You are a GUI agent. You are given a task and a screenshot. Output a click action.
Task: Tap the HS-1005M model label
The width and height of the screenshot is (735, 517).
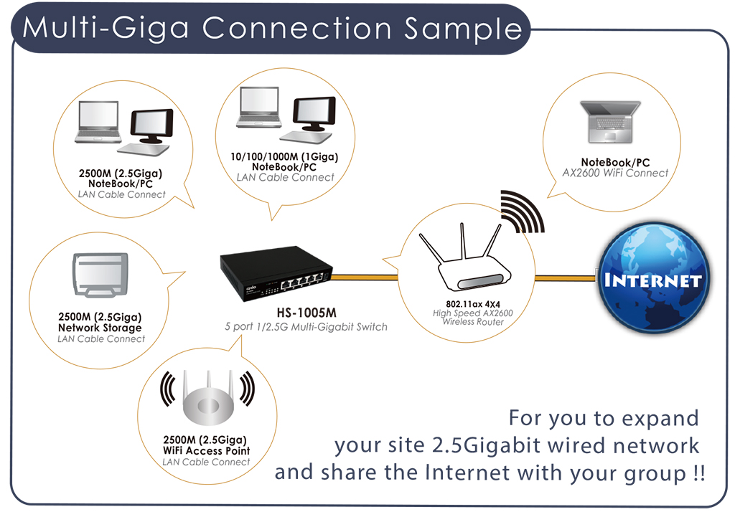tap(306, 313)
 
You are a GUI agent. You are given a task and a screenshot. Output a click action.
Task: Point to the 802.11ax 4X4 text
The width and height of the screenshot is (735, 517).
tap(473, 304)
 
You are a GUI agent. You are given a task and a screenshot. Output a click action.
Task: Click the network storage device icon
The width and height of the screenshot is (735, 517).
tap(100, 275)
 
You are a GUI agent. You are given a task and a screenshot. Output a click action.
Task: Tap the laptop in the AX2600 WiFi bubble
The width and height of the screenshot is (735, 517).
tap(610, 122)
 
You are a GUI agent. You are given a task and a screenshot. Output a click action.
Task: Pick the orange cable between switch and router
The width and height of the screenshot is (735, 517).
tap(365, 278)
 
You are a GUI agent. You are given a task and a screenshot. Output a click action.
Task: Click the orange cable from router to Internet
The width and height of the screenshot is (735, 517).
tap(566, 278)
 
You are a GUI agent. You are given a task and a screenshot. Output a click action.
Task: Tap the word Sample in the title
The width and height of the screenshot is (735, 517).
tap(463, 28)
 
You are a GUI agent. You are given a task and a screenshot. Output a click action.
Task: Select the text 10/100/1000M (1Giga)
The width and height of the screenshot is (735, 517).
tap(284, 156)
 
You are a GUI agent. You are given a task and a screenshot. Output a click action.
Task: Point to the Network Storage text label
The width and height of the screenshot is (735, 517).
tap(100, 328)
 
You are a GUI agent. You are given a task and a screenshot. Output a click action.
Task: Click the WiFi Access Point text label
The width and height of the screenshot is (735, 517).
tap(206, 450)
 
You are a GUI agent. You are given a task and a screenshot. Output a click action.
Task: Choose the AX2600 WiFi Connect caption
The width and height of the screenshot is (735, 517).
tap(615, 173)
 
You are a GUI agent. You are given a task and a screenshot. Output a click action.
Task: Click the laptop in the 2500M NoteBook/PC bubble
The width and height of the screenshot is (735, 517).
tap(98, 122)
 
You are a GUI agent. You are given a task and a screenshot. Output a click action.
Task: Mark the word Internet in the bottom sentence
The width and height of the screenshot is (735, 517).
tap(467, 472)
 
